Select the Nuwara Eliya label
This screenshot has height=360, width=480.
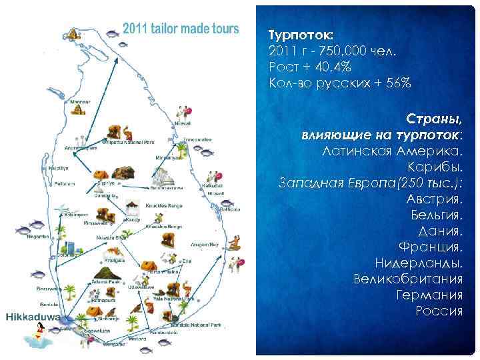[x=111, y=237]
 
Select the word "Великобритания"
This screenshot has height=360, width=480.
[x=408, y=279]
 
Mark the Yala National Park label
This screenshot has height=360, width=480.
[x=168, y=299]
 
